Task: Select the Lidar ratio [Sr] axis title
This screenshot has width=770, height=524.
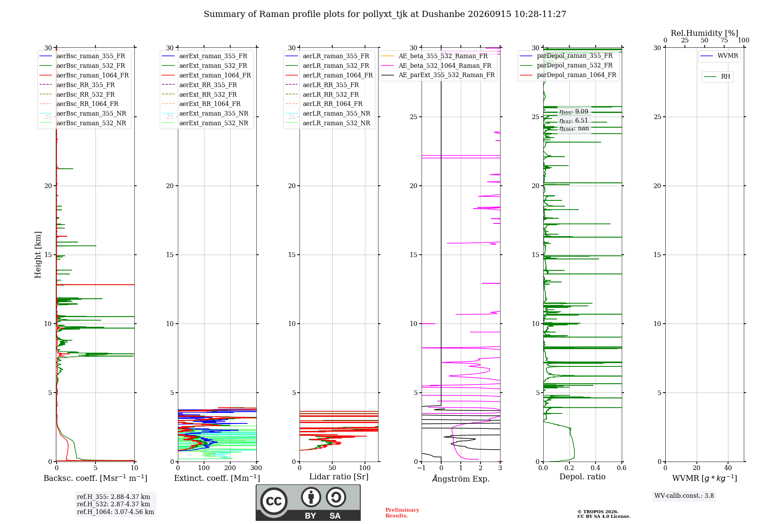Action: coord(339,477)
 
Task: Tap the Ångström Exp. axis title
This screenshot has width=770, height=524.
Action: coord(461,479)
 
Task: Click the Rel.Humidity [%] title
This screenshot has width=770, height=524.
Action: coord(705,33)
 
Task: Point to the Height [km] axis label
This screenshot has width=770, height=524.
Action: coord(38,255)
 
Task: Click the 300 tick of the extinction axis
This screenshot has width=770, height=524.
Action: coord(256,468)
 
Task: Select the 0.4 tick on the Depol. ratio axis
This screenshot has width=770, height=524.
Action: coord(596,468)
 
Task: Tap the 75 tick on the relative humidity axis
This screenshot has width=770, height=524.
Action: coord(724,40)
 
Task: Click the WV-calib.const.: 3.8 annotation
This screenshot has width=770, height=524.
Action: coord(684,496)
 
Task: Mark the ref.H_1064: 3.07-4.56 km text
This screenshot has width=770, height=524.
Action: coord(115,512)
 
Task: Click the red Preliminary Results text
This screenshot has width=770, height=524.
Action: coord(402,513)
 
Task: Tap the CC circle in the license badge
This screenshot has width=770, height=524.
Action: coord(274,501)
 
